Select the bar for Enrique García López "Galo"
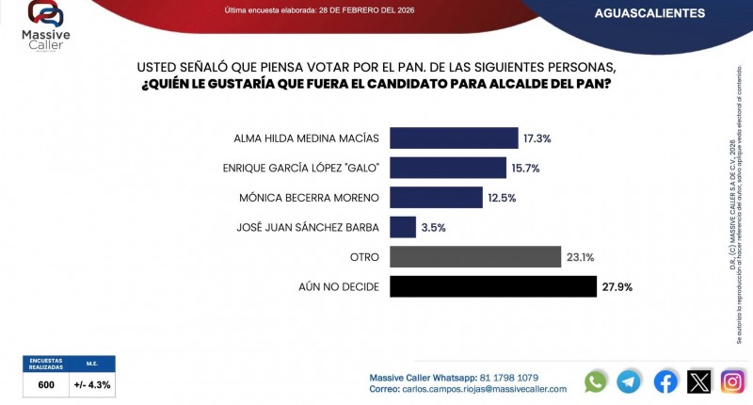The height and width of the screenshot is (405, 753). (x=447, y=168)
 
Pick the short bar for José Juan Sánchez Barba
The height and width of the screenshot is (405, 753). (x=402, y=227)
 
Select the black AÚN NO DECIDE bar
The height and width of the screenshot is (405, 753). (x=492, y=286)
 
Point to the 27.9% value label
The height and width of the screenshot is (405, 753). (x=620, y=286)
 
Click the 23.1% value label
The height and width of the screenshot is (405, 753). (x=579, y=257)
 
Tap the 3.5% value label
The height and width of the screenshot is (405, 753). (x=433, y=227)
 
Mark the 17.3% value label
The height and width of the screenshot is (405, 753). (x=537, y=138)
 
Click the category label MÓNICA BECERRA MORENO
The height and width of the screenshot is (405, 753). (x=307, y=198)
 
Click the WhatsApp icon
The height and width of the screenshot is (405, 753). (x=595, y=381)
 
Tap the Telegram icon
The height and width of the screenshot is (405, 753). (x=629, y=381)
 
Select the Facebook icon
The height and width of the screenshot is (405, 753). (x=665, y=381)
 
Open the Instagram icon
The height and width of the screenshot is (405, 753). (x=732, y=381)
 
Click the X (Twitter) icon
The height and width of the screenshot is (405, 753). (x=698, y=381)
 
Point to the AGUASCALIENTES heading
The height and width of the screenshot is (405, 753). (x=649, y=13)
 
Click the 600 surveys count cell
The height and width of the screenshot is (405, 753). (x=46, y=384)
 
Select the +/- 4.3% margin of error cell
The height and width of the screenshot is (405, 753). (x=92, y=384)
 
